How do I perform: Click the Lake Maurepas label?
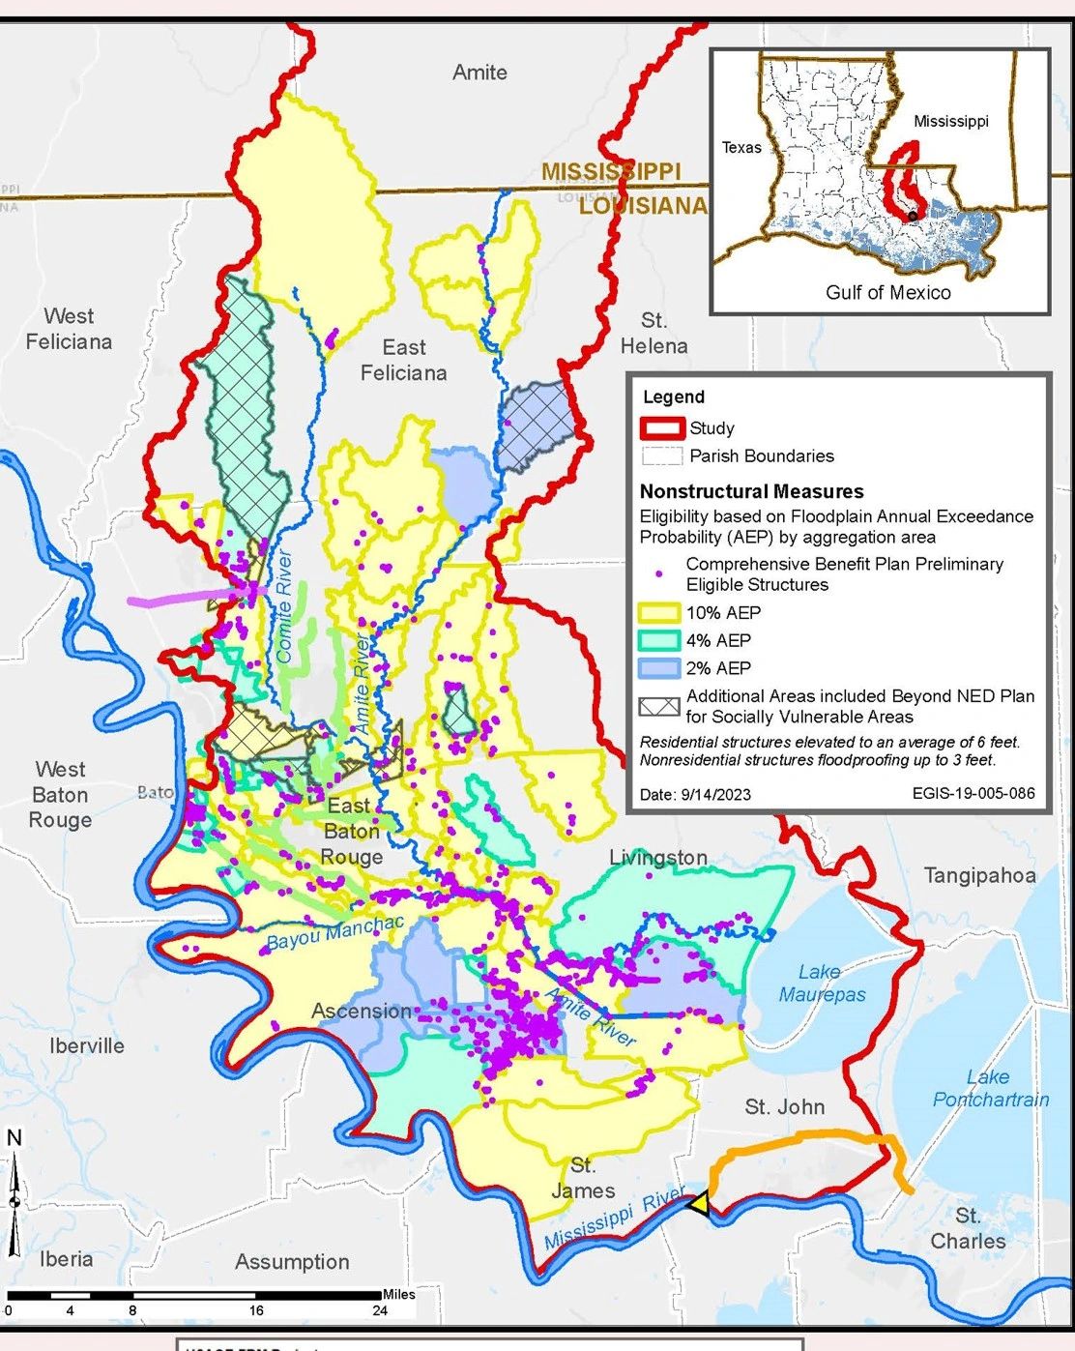tap(822, 983)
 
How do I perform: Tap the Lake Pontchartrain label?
tap(990, 1088)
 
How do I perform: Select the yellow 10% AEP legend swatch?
tap(659, 612)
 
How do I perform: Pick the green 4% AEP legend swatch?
tap(659, 640)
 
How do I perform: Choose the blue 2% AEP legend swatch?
tap(659, 668)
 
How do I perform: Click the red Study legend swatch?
tap(661, 428)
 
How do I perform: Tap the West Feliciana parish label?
tap(69, 329)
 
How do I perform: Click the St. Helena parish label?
tap(654, 333)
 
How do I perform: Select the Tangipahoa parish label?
tap(979, 875)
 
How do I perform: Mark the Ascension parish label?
tap(362, 1011)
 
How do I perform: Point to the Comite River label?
tap(283, 606)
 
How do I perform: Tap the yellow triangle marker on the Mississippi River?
tap(698, 1204)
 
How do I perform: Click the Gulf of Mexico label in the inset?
tap(887, 292)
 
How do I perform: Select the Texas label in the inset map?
tap(741, 147)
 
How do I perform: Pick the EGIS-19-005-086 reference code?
tap(973, 793)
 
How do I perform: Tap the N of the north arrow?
tap(14, 1138)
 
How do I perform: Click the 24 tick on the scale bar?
tap(380, 1310)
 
